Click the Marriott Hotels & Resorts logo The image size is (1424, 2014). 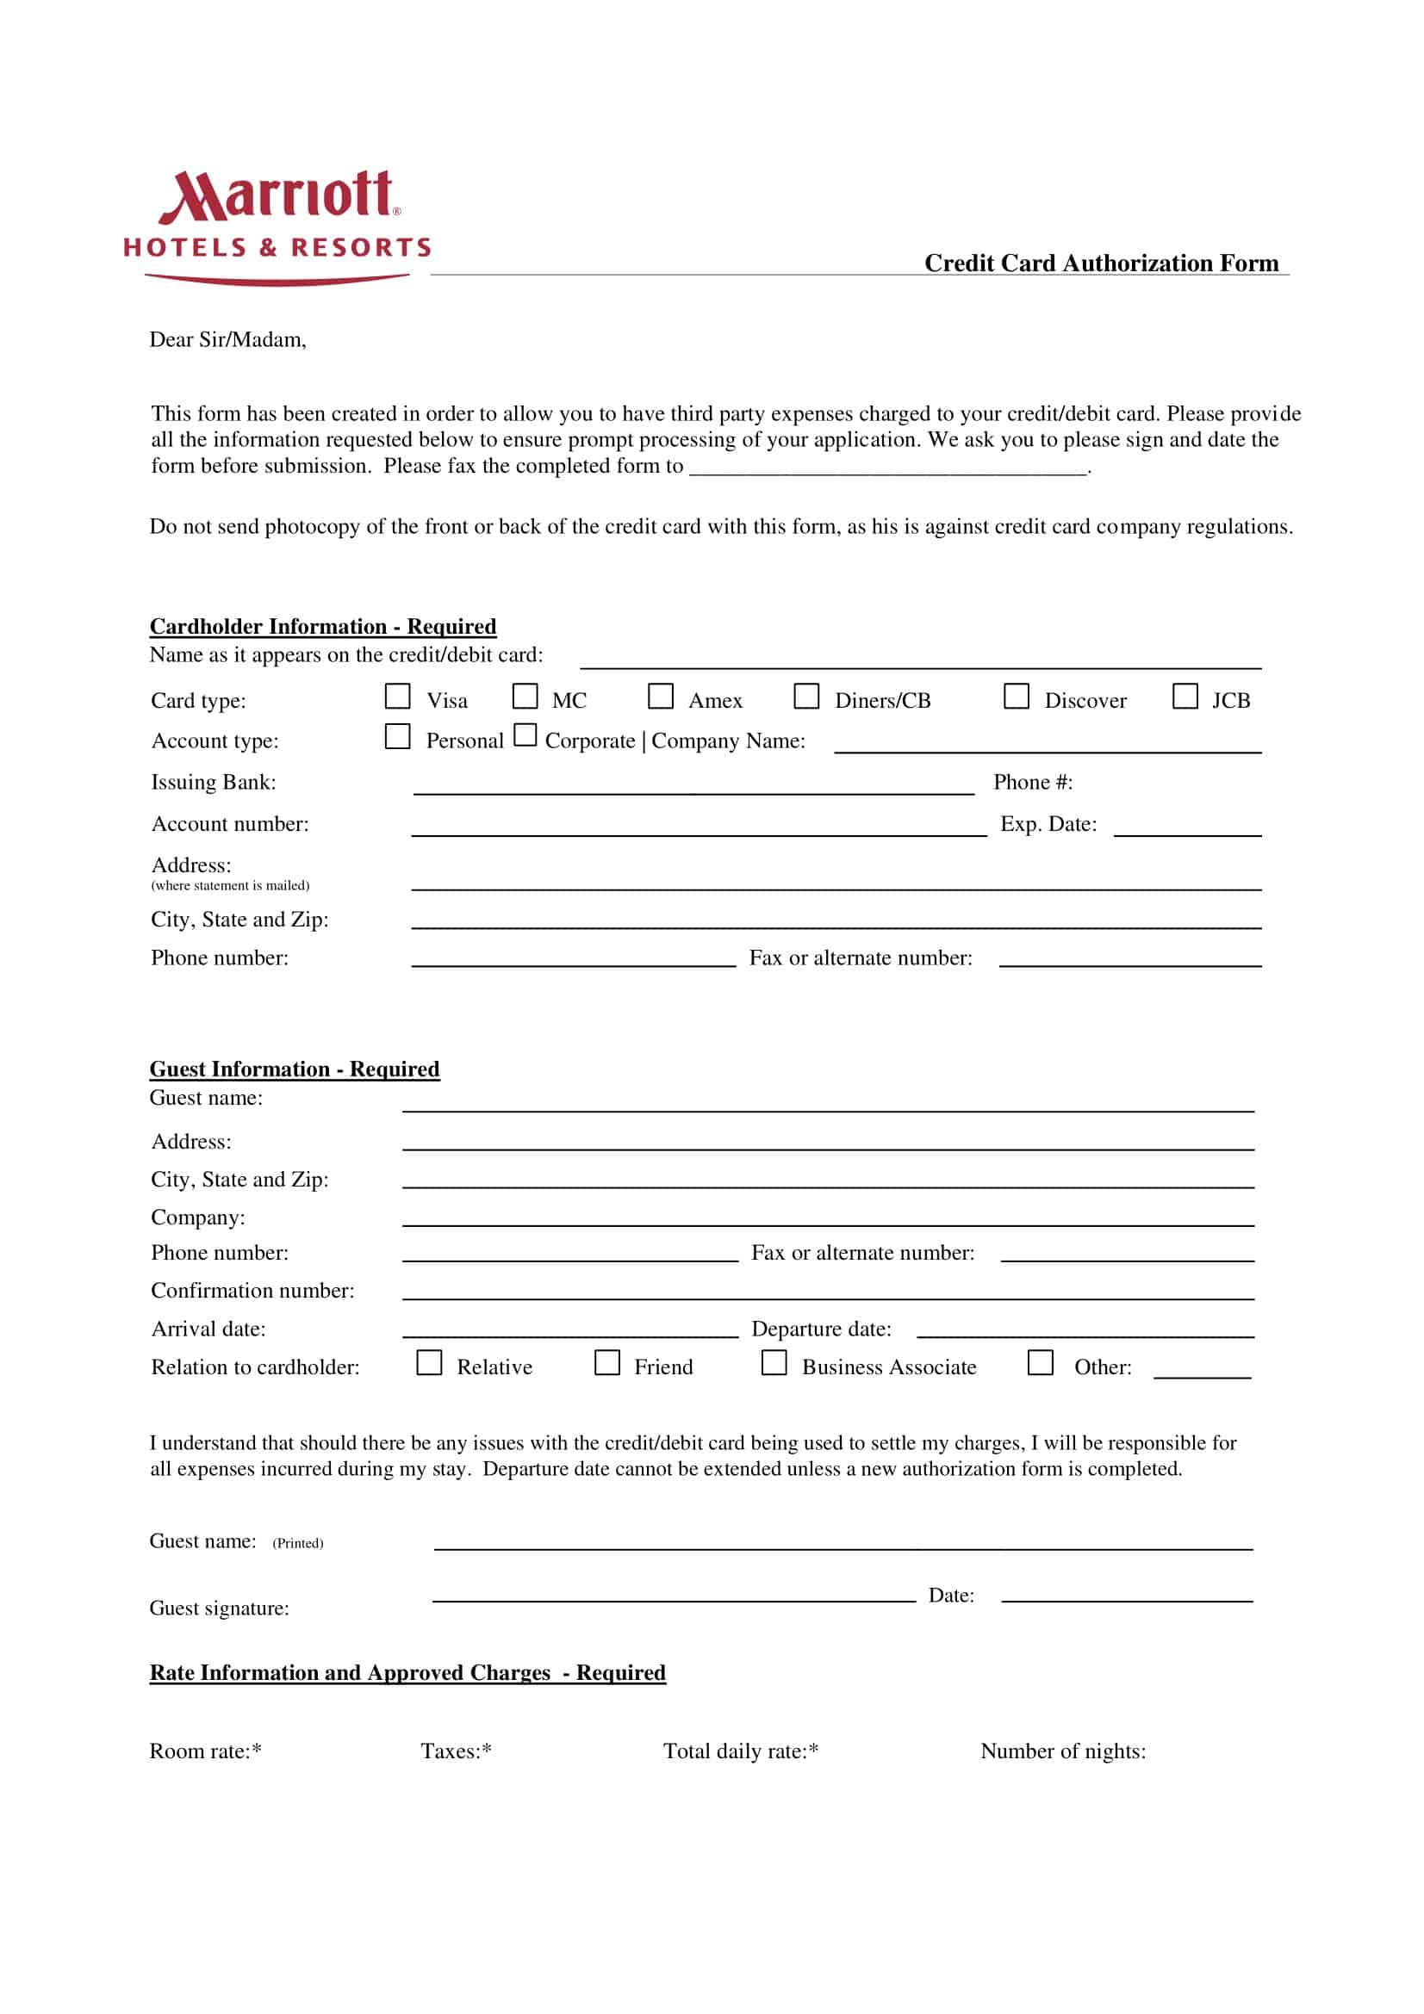click(277, 226)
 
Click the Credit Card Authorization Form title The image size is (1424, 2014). click(1101, 263)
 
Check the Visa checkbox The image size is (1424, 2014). click(397, 697)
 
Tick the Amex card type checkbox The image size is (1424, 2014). click(660, 697)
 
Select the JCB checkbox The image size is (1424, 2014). click(1185, 697)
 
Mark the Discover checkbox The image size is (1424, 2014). click(1016, 697)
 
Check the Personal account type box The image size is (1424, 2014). click(397, 736)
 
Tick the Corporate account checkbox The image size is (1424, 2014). click(525, 734)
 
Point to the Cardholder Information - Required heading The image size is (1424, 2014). click(323, 626)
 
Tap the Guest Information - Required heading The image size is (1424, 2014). click(295, 1069)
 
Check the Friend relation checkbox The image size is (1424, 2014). click(607, 1362)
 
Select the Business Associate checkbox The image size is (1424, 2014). click(774, 1362)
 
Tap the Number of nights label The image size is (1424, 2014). click(1062, 1751)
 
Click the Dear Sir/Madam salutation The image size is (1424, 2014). click(228, 339)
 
